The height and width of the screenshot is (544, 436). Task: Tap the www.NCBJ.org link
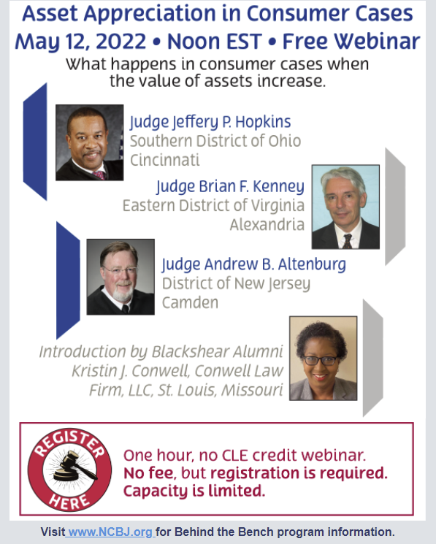click(110, 532)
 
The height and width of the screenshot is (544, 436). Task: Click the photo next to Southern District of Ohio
click(90, 142)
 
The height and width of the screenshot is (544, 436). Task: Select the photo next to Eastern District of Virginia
click(345, 207)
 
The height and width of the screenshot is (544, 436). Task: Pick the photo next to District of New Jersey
click(121, 277)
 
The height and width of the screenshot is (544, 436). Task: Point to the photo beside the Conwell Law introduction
click(323, 358)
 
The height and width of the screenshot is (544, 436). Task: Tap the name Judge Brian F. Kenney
click(230, 185)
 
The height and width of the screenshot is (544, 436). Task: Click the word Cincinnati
click(164, 159)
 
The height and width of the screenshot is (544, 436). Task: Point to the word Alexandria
click(267, 224)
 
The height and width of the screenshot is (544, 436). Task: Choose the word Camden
click(190, 302)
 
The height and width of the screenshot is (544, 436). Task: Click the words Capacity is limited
click(194, 491)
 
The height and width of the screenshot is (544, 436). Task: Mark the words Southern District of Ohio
click(215, 140)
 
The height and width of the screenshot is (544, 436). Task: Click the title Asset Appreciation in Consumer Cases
click(218, 14)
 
